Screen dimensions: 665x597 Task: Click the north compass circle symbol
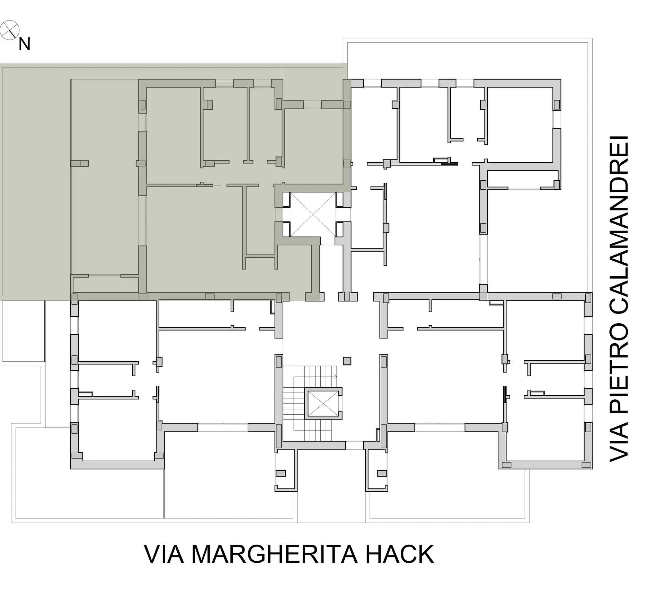pos(10,30)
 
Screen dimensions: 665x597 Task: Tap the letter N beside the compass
pos(25,44)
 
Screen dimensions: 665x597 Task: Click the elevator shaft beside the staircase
pos(323,403)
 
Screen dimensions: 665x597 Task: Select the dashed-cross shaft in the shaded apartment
pos(312,215)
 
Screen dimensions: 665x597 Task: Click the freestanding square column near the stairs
pos(347,361)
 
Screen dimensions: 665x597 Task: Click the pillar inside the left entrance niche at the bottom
pos(280,473)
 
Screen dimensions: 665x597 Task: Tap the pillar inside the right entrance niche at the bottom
pos(382,473)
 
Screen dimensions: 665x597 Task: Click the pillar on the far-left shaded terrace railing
pos(79,163)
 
